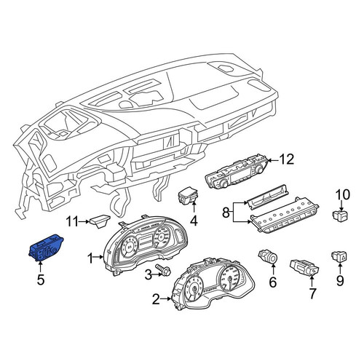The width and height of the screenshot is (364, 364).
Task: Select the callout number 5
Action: tap(41, 280)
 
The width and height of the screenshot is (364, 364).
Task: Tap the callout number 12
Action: tap(286, 159)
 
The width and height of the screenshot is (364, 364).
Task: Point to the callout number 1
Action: tap(90, 258)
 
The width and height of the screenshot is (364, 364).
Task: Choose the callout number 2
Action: tap(157, 299)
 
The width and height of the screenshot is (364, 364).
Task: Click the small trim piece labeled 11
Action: tap(100, 221)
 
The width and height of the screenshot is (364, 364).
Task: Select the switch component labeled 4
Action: tap(189, 195)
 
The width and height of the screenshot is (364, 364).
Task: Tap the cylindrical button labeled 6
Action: tap(268, 257)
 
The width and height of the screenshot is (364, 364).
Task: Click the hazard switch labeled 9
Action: tap(339, 256)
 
